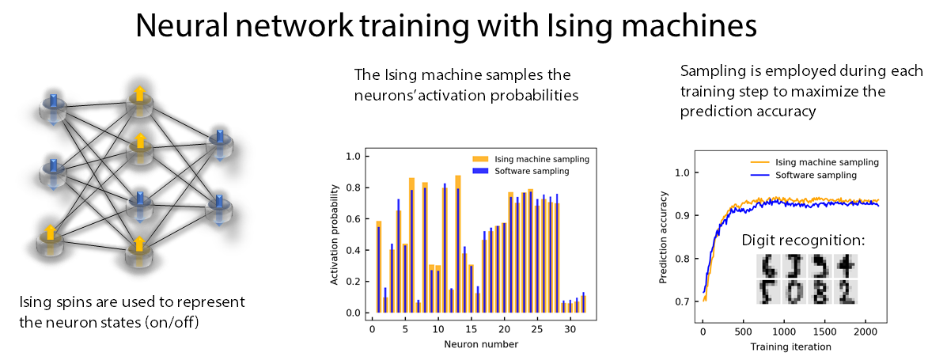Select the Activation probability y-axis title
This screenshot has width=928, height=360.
coord(338,234)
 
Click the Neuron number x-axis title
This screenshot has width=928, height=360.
coord(480,344)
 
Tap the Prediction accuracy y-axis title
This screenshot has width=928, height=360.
coord(663,237)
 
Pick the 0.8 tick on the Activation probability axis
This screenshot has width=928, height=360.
coord(354,188)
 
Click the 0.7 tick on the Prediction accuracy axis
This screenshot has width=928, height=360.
coord(680,302)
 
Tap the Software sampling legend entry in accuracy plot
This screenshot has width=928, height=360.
coord(815,175)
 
